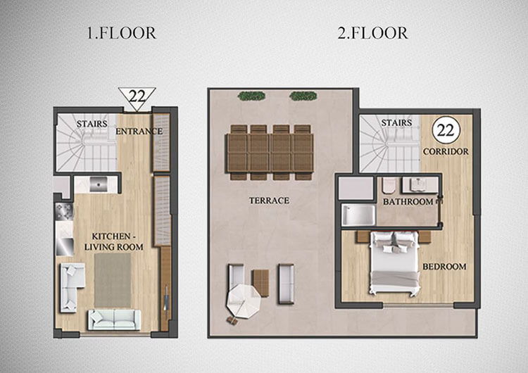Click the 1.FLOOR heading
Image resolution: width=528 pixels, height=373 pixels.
122,33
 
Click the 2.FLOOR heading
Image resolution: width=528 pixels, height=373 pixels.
372,33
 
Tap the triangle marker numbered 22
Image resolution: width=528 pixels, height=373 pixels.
137,99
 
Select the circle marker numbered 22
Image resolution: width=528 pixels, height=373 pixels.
446,130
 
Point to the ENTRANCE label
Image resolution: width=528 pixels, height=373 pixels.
139,132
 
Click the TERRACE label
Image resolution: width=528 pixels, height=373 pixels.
269,201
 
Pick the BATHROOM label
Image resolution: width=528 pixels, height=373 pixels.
408,202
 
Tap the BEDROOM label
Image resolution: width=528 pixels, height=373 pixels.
444,267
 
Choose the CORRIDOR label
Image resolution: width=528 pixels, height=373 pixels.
446,152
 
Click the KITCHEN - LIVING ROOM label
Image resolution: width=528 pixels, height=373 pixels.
114,241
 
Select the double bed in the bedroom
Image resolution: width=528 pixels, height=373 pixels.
395,263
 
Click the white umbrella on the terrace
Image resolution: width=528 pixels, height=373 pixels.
244,301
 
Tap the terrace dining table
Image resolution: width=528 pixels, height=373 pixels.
270,153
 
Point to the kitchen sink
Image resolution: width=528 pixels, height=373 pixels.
99,184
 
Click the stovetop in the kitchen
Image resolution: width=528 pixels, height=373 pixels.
64,211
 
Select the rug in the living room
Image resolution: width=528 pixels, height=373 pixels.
113,280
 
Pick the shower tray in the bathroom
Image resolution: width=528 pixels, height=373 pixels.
358,215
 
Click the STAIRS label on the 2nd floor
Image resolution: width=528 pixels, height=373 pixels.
396,123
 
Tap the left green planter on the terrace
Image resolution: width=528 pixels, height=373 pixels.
251,96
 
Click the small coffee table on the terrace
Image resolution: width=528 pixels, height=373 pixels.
261,283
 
